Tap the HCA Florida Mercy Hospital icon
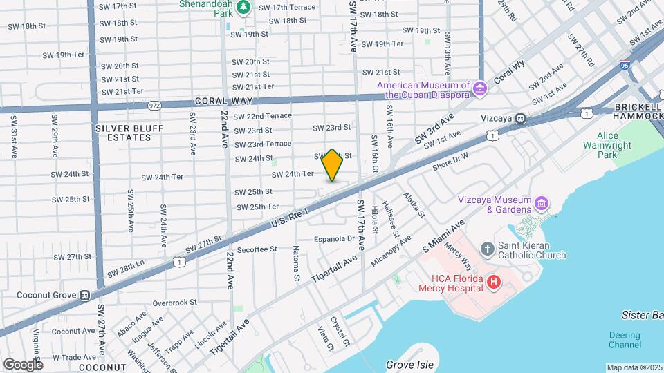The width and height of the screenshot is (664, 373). point(494,282)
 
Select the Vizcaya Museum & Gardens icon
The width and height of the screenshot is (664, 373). point(542,204)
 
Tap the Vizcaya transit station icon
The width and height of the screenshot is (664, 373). point(520,118)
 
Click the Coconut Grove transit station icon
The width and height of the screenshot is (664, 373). point(84,295)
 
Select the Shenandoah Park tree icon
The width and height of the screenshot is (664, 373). point(243,8)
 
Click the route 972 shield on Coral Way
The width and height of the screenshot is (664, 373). point(154,106)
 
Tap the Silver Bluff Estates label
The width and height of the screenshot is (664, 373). point(123,133)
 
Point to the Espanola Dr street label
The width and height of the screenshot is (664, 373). point(333,239)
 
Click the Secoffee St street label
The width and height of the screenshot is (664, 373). point(257,249)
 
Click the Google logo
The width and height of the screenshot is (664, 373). point(23,364)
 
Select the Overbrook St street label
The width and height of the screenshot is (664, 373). point(175,303)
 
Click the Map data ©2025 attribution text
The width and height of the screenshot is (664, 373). point(634,367)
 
